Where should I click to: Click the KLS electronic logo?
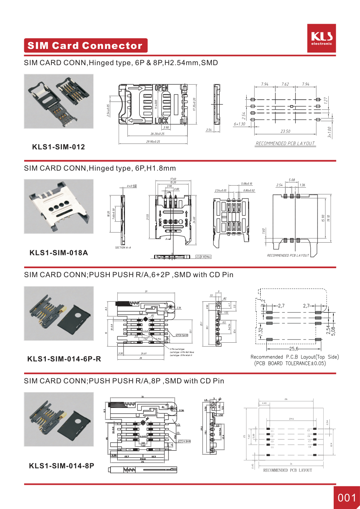pos(321,38)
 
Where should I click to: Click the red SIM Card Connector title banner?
pos(85,46)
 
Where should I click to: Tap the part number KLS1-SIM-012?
pos(59,147)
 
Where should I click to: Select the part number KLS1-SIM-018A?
pos(59,253)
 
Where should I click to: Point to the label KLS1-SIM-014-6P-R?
pos(64,359)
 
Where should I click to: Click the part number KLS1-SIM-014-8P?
pos(62,466)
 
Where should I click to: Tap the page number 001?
pos(347,498)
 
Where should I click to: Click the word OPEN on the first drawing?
pos(161,88)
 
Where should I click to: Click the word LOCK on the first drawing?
pos(161,121)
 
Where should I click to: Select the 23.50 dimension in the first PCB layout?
pos(285,131)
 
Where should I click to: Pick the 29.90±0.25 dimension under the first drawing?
pos(153,142)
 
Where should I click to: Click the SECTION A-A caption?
pos(123,248)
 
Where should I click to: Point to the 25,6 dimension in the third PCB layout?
pos(294,349)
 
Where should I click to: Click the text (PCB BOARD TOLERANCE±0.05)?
pos(290,364)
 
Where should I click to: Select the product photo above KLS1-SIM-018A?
pos(59,206)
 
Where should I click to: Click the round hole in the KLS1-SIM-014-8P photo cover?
pos(77,421)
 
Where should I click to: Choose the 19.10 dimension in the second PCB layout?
pos(328,219)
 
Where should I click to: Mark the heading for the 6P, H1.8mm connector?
pos(100,168)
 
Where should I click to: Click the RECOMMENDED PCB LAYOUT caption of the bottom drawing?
pos(287,470)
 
